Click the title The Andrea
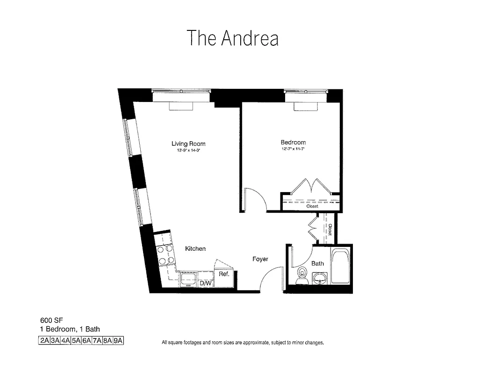point(232,38)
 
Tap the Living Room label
point(188,144)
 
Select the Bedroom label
point(293,142)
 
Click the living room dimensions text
point(188,151)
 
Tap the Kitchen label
point(195,249)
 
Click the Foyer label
point(260,259)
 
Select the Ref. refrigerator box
point(224,274)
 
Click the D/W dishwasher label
point(206,283)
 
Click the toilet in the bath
point(302,275)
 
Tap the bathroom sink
point(320,279)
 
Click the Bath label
point(317,263)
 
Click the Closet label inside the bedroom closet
point(312,206)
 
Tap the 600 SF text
point(49,321)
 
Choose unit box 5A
point(76,341)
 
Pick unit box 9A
point(117,341)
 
